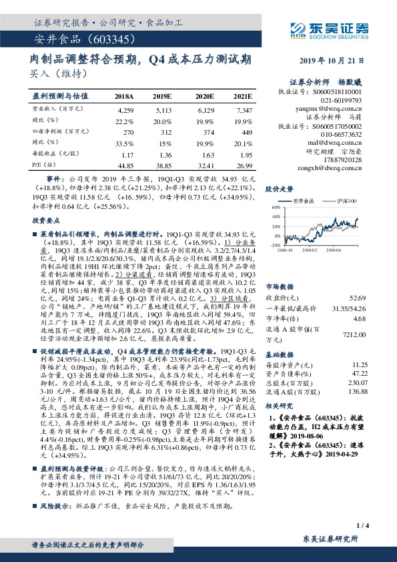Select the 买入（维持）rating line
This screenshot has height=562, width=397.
tap(54, 73)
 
